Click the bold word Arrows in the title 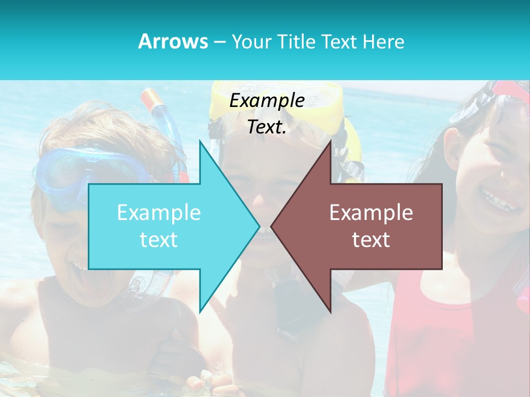click(173, 41)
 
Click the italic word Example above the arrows click(267, 101)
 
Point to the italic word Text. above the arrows click(267, 127)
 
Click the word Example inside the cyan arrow click(159, 213)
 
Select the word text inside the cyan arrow click(159, 240)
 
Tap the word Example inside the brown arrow click(371, 213)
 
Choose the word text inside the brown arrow click(371, 240)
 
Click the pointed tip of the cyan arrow click(258, 226)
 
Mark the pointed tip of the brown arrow click(272, 226)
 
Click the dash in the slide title click(219, 42)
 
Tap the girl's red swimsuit click(442, 331)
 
